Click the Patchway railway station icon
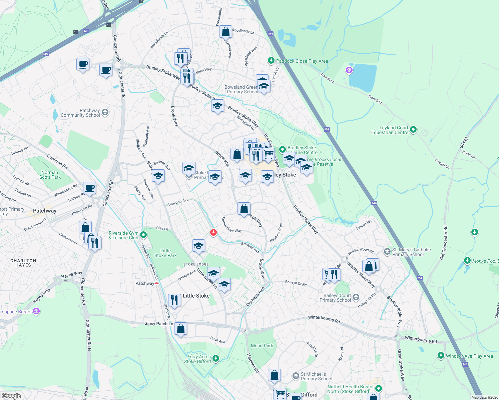[156, 283]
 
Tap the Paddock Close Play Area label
[302, 61]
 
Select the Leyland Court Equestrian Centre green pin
[413, 129]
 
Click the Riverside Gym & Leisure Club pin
[143, 235]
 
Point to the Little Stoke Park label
[165, 253]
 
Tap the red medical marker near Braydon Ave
[213, 232]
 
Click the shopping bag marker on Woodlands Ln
[226, 32]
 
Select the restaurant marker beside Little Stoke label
[174, 300]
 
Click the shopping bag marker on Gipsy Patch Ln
[180, 329]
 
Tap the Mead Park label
[262, 346]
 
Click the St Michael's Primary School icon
[296, 376]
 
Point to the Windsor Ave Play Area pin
[441, 356]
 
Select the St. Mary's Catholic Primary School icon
[387, 251]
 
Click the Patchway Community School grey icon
[105, 112]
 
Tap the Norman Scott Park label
[50, 175]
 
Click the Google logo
[11, 396]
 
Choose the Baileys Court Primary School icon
[356, 297]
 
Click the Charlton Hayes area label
[23, 263]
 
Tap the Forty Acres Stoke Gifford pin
[216, 358]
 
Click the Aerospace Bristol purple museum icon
[36, 311]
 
